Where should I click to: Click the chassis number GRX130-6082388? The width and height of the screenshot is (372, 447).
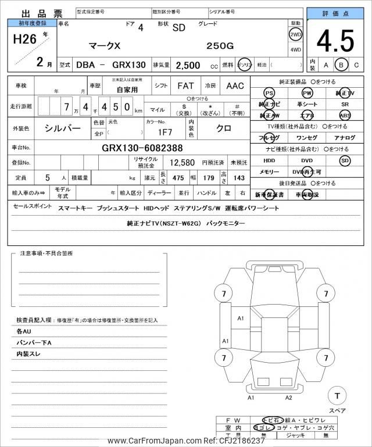[142, 148]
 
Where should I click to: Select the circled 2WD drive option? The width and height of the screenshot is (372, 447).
[295, 34]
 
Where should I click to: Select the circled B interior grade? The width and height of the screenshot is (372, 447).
[342, 65]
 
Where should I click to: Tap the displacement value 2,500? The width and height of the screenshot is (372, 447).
[188, 65]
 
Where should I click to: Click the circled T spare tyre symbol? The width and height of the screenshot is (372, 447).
[337, 396]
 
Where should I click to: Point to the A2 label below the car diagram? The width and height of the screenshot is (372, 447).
[289, 398]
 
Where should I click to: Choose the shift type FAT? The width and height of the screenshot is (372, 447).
[185, 85]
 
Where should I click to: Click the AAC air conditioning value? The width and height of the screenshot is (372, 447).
[235, 85]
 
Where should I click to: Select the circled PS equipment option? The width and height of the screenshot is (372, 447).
[269, 93]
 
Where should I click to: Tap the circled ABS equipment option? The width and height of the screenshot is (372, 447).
[345, 116]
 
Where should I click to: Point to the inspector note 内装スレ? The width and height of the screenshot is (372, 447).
[29, 353]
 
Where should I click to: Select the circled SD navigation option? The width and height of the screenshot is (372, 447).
[345, 160]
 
